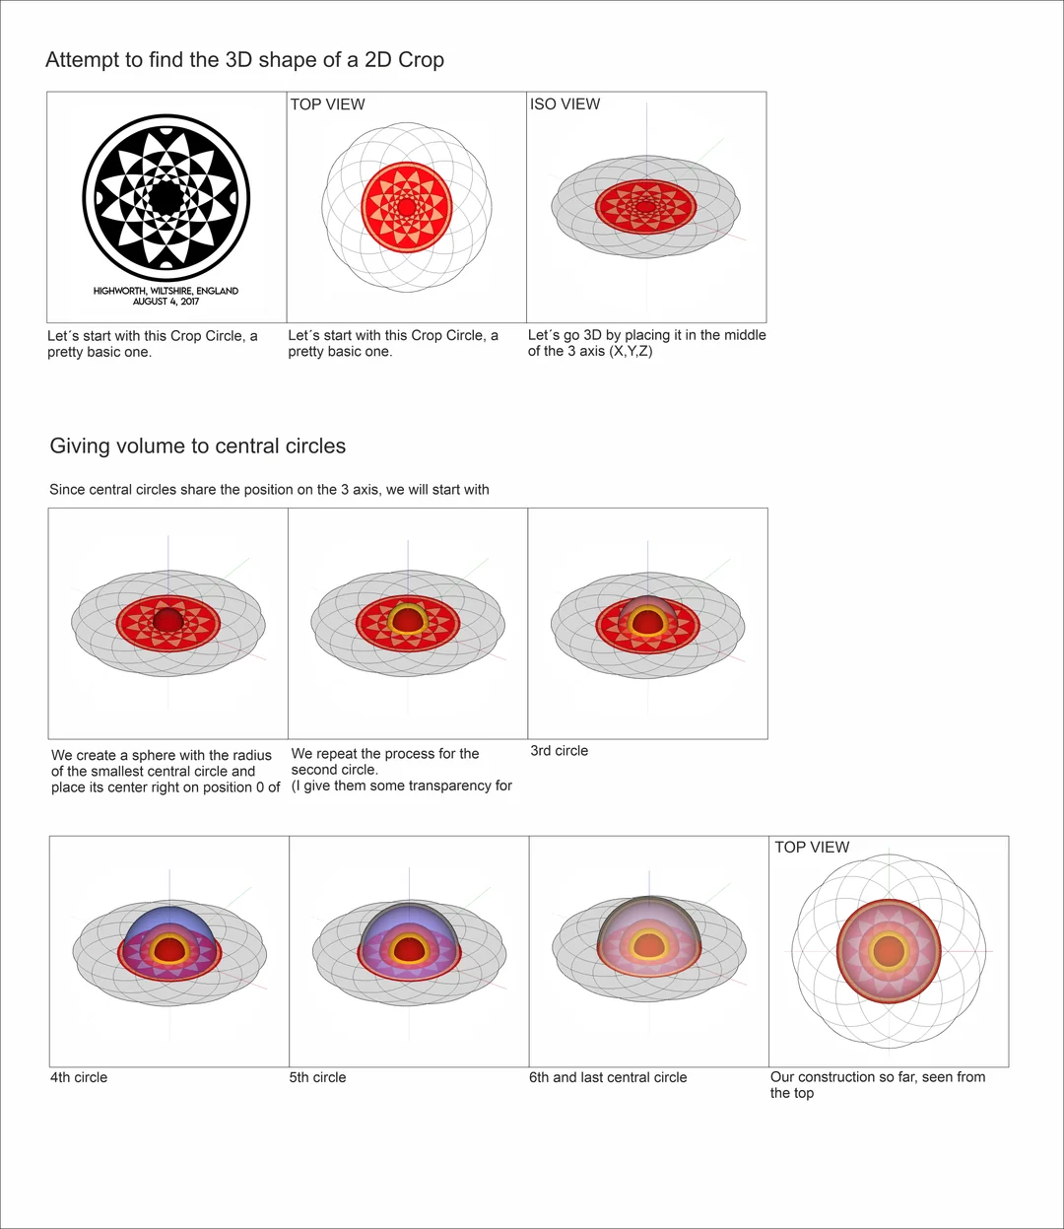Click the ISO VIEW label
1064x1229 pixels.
click(x=565, y=104)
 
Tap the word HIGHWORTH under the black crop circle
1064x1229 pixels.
click(x=120, y=291)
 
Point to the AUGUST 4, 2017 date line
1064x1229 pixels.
click(x=166, y=302)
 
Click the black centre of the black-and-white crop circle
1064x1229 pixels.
click(x=166, y=197)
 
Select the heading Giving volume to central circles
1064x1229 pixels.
click(x=197, y=445)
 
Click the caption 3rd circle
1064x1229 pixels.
click(x=559, y=751)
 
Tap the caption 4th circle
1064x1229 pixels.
click(x=79, y=1077)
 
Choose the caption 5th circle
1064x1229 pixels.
click(x=317, y=1077)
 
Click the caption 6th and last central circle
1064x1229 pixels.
click(x=608, y=1077)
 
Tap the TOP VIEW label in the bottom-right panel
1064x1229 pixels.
click(x=812, y=848)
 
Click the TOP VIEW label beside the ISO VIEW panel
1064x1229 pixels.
click(x=327, y=104)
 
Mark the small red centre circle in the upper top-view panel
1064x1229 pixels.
click(x=407, y=207)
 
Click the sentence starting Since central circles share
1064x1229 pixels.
click(x=269, y=490)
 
